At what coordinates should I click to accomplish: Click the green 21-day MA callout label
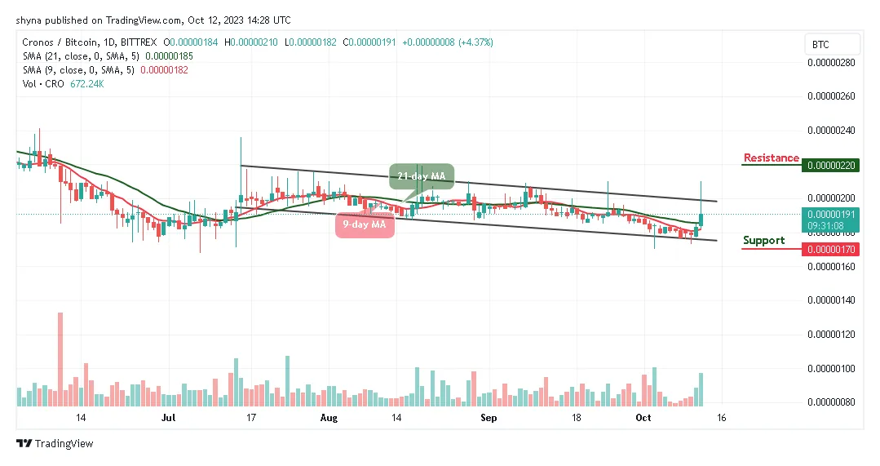tap(421, 176)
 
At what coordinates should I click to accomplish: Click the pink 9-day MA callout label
tap(365, 224)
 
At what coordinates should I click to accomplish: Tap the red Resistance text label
tap(771, 158)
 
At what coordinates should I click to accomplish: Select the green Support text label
tap(763, 240)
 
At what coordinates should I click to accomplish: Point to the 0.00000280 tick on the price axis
tap(830, 62)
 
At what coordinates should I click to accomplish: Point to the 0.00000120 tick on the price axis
tap(830, 335)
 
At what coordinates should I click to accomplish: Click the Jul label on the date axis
tap(169, 417)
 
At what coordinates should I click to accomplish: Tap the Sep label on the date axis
tap(489, 417)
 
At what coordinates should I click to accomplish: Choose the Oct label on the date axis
tap(643, 417)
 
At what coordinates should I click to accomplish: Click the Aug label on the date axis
tap(329, 417)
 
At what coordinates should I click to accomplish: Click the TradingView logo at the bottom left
tap(55, 443)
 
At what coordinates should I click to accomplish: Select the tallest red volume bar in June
tap(60, 359)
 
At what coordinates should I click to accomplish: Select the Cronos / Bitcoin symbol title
tap(53, 42)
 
